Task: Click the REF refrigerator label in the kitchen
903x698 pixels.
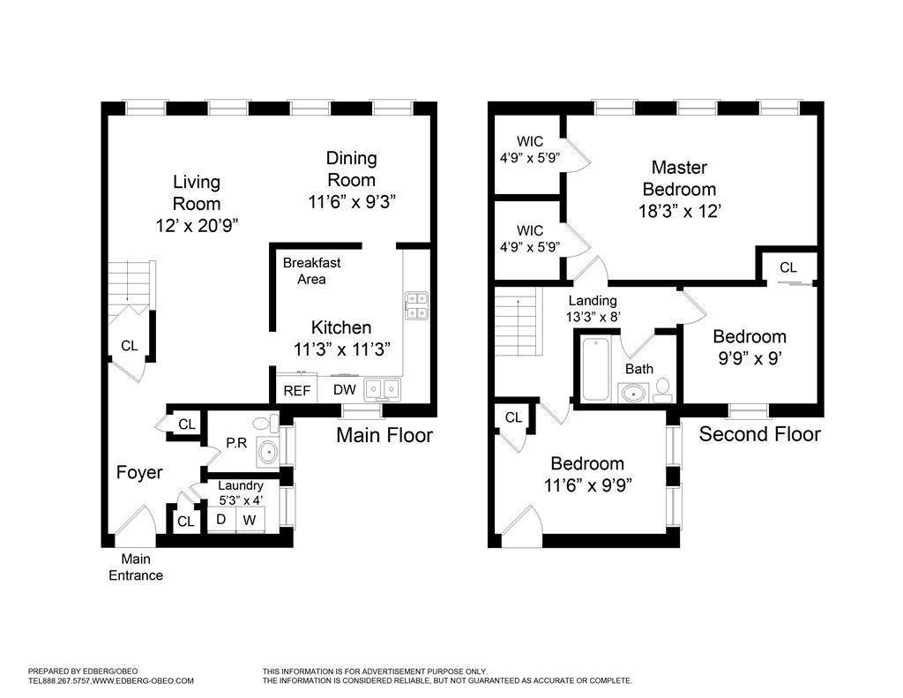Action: [296, 391]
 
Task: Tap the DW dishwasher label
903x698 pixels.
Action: [345, 390]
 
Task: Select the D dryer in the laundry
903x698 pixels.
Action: [221, 520]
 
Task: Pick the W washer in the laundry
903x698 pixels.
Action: [250, 520]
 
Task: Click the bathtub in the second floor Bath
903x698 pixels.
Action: [595, 369]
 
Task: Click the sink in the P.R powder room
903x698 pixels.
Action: [268, 453]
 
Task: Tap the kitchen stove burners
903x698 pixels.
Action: [416, 305]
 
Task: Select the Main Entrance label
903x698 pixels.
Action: [136, 567]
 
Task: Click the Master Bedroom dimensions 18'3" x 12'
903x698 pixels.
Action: [680, 211]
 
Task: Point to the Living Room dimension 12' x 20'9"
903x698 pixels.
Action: [197, 225]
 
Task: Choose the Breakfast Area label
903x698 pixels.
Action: [311, 271]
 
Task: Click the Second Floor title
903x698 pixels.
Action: [759, 433]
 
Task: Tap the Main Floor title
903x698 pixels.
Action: [384, 434]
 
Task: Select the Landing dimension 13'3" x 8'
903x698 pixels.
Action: [593, 317]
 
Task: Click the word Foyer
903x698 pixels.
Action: [139, 472]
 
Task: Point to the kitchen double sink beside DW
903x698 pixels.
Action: [383, 389]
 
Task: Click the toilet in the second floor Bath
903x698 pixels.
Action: [662, 390]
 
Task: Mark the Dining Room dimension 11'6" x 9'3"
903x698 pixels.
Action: [351, 202]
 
